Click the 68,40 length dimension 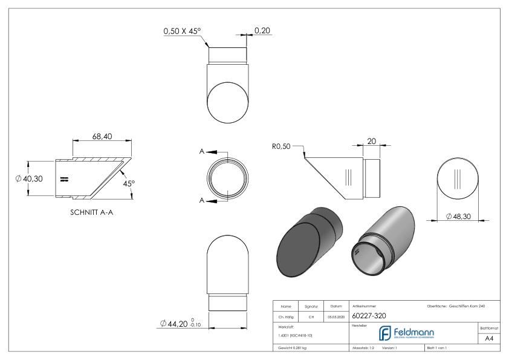pos(100,137)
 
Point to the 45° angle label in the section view pos(129,184)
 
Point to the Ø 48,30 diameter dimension pos(461,216)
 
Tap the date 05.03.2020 pos(336,316)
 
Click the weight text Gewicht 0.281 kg pos(292,349)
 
